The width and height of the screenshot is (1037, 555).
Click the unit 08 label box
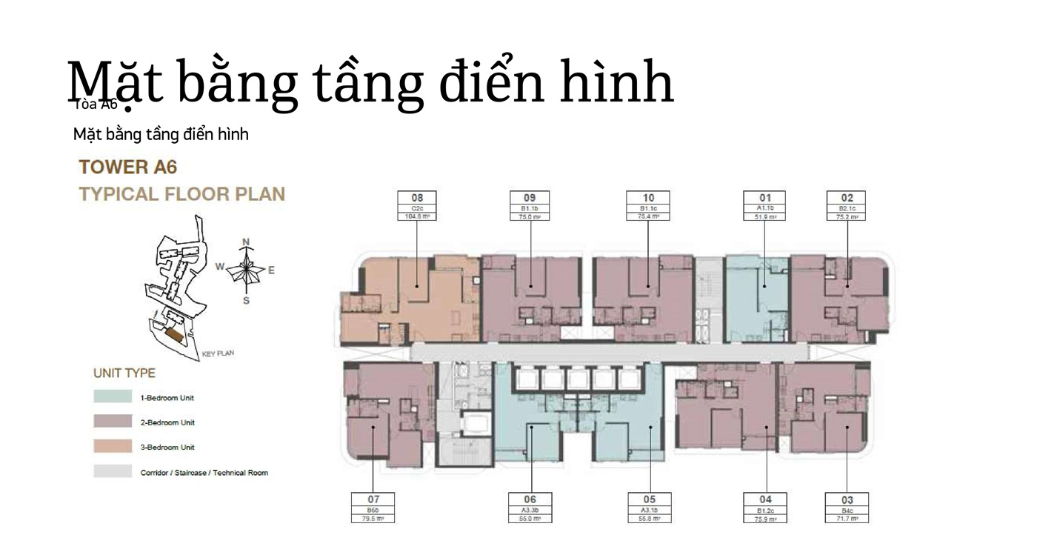(417, 206)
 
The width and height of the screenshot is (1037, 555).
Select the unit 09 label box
(530, 206)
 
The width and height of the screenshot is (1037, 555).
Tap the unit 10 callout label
(648, 206)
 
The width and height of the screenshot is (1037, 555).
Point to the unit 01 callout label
(764, 206)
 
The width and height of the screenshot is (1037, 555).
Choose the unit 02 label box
(847, 206)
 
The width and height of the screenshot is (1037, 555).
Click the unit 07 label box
(373, 508)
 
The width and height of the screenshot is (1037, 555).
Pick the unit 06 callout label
(530, 508)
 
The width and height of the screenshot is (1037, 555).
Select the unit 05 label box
(650, 508)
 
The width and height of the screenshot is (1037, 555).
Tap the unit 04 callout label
(765, 508)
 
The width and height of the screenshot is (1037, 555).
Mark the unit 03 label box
(847, 508)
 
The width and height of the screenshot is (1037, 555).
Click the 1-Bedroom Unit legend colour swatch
(113, 397)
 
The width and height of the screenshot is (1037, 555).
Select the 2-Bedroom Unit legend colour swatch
(113, 422)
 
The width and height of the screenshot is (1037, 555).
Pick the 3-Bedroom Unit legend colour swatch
(113, 447)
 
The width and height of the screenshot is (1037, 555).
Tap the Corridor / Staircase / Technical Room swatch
(113, 472)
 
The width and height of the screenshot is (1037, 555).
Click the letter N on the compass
(247, 242)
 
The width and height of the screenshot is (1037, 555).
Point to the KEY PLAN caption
(218, 353)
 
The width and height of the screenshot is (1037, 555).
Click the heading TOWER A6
(128, 167)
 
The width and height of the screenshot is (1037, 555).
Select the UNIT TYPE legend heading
(124, 373)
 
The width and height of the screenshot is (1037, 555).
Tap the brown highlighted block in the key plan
(175, 335)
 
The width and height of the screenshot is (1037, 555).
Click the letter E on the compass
(271, 270)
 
